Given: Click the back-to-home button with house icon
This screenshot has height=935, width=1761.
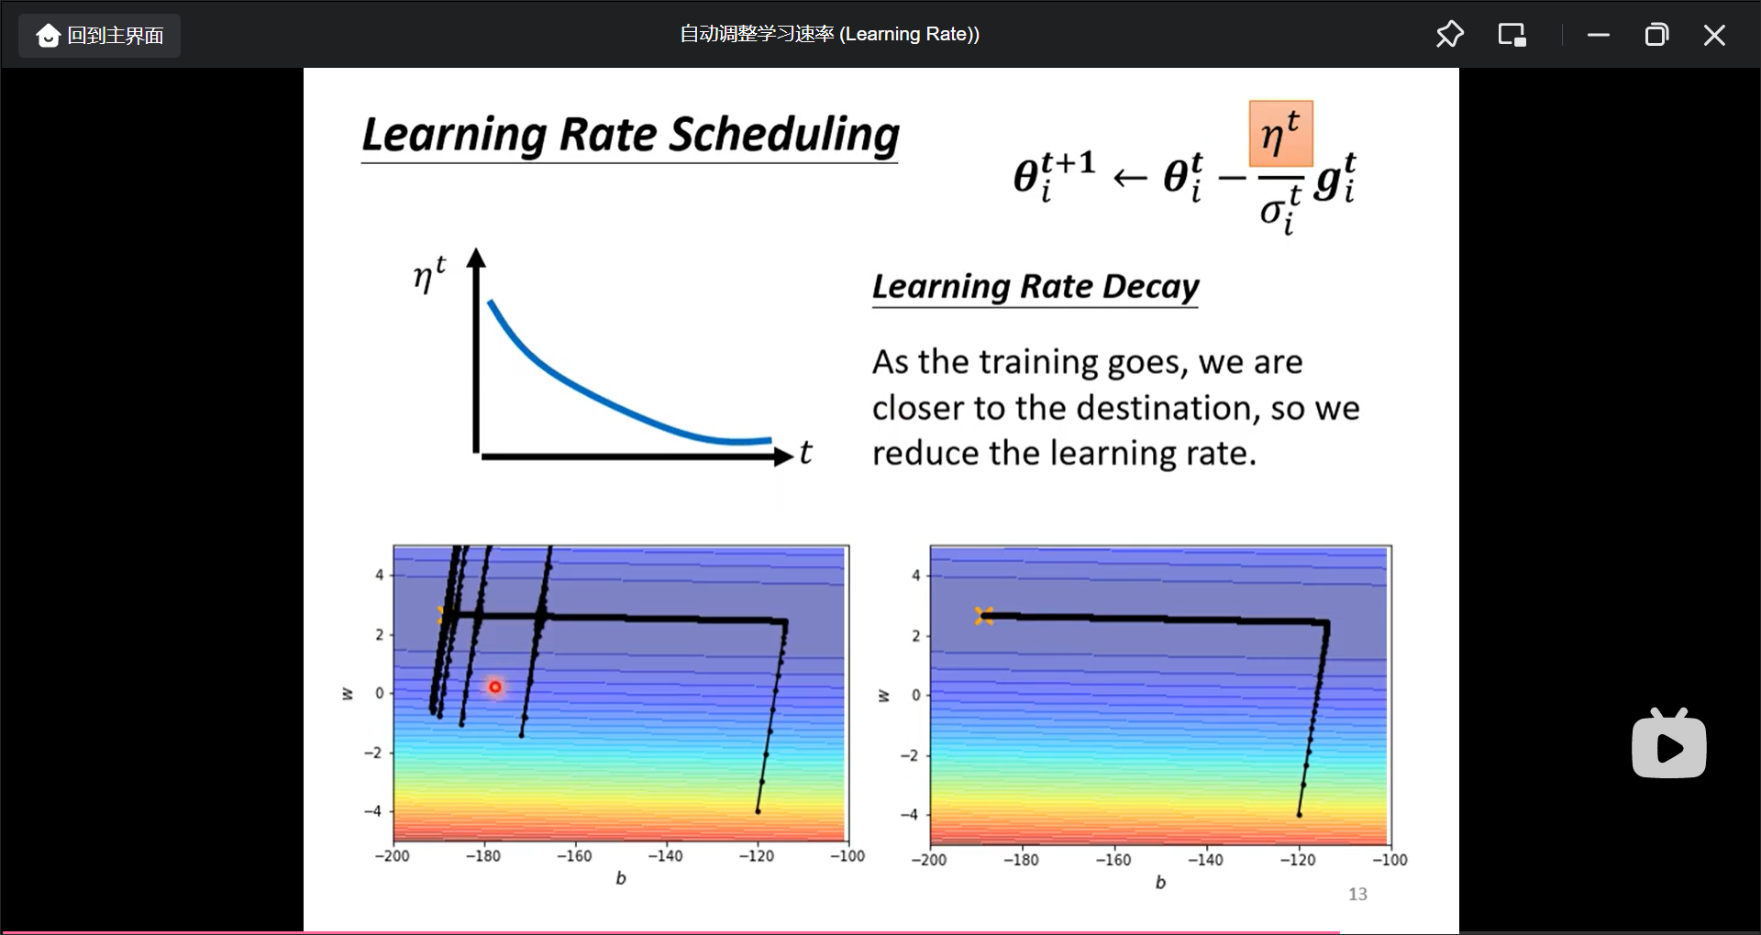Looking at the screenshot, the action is pos(99,36).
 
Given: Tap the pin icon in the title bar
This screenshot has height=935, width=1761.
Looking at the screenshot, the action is pos(1449,35).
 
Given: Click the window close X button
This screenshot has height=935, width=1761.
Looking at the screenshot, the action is pos(1713,35).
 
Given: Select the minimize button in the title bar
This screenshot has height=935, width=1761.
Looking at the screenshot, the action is pos(1599,35).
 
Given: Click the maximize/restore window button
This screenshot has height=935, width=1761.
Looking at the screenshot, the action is pos(1656,35).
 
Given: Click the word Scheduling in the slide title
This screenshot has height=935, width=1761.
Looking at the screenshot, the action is pos(784,136).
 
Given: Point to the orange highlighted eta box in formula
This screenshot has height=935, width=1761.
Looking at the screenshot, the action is pos(1280,134).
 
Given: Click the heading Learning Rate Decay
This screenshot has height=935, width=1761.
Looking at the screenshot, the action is pos(1036,287).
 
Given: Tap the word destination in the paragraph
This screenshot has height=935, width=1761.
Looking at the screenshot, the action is pos(1164,408).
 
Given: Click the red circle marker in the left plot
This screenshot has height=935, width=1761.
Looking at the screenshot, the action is pos(495,687).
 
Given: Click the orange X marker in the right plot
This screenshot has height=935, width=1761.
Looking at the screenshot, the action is pos(984,616).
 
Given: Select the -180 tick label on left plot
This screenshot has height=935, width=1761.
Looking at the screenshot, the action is pos(482,856).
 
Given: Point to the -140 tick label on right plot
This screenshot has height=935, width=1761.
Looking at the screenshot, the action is pos(1205,860).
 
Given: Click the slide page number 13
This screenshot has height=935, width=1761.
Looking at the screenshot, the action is pos(1357,894).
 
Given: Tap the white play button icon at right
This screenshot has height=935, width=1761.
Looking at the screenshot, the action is pos(1669,744).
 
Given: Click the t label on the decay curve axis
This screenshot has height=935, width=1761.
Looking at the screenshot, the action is pos(805,452).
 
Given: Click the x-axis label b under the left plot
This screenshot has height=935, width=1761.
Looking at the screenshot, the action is pos(621,878).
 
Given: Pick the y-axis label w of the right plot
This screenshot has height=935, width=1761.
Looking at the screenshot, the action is pos(883,696).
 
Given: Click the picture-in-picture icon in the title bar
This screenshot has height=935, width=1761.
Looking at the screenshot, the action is pos(1512,35).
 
